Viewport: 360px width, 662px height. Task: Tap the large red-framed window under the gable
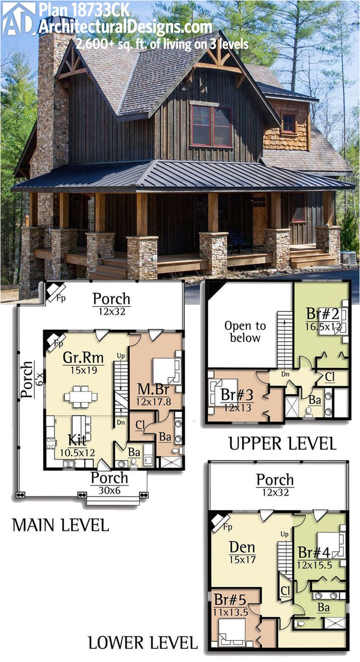(x=211, y=125)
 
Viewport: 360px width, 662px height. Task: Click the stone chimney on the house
(x=53, y=108)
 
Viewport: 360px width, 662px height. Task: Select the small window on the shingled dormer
(x=289, y=124)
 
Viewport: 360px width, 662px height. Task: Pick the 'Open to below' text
(x=245, y=331)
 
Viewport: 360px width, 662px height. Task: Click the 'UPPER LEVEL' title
(x=282, y=443)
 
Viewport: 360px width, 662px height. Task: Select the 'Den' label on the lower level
(x=242, y=548)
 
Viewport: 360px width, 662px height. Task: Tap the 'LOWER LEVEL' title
(x=143, y=642)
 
